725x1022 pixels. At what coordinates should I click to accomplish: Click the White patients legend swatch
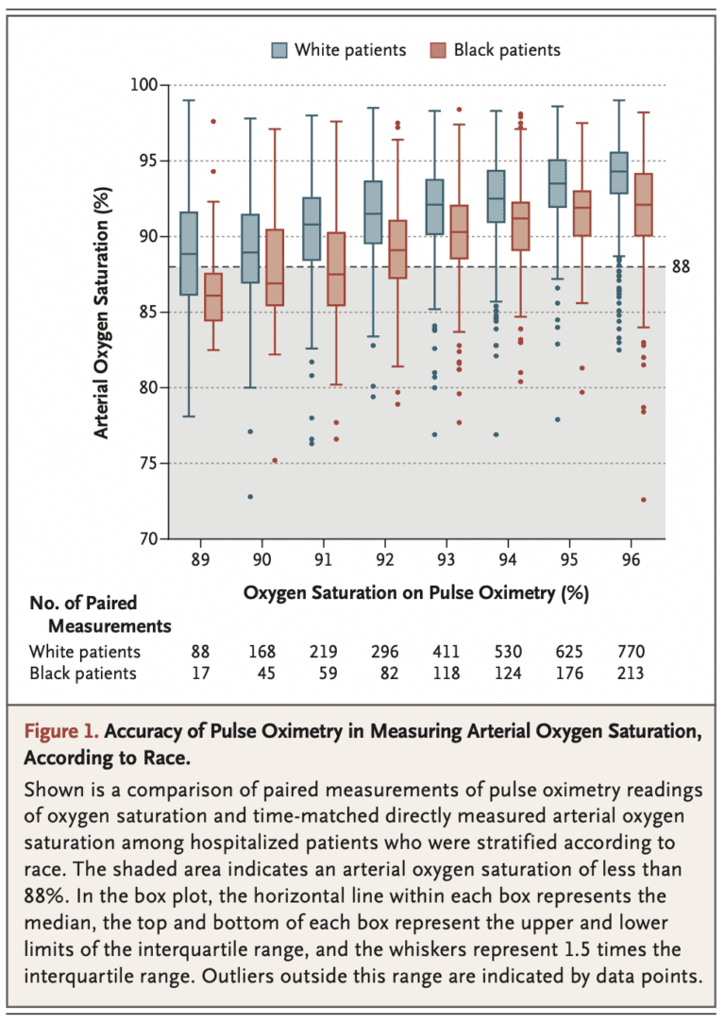click(279, 50)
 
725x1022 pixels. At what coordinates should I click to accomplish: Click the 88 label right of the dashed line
click(681, 266)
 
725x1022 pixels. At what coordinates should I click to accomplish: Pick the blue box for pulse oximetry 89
click(188, 253)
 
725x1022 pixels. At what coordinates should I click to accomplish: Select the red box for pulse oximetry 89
click(213, 297)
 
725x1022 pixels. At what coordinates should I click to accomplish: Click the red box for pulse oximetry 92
click(397, 249)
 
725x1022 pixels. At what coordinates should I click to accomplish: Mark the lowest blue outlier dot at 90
click(251, 496)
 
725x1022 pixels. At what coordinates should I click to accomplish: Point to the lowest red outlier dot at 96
click(644, 500)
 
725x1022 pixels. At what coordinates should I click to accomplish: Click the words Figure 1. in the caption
click(65, 731)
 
